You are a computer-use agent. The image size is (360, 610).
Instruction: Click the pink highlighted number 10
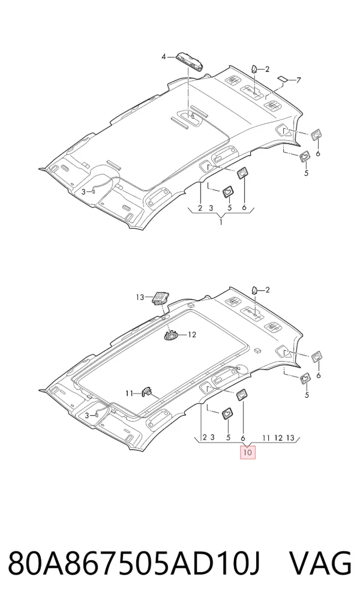pyautogui.click(x=248, y=452)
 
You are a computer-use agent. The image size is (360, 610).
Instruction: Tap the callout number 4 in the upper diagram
pyautogui.click(x=164, y=57)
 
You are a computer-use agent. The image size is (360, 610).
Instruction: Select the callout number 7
pyautogui.click(x=299, y=80)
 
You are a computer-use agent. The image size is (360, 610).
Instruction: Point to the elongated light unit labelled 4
pyautogui.click(x=190, y=61)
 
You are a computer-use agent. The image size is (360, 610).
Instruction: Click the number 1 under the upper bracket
pyautogui.click(x=221, y=223)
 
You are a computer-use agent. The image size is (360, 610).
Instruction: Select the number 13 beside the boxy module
pyautogui.click(x=140, y=298)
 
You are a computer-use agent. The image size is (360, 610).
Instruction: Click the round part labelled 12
pyautogui.click(x=172, y=335)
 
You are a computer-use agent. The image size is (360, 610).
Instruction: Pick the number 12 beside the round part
pyautogui.click(x=192, y=335)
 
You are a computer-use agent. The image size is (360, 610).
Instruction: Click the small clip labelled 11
pyautogui.click(x=147, y=392)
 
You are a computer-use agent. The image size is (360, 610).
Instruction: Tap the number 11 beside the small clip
pyautogui.click(x=130, y=393)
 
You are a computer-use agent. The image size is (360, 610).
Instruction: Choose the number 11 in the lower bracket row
pyautogui.click(x=266, y=438)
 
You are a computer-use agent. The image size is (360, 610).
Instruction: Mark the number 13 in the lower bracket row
pyautogui.click(x=290, y=438)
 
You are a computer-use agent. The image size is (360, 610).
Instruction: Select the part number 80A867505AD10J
pyautogui.click(x=134, y=563)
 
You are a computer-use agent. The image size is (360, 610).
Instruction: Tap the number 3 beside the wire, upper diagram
pyautogui.click(x=83, y=192)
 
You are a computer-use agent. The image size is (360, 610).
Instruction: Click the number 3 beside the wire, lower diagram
pyautogui.click(x=86, y=416)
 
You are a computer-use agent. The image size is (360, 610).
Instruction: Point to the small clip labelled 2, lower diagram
pyautogui.click(x=254, y=290)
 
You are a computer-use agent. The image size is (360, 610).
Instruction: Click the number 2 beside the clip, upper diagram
pyautogui.click(x=268, y=70)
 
